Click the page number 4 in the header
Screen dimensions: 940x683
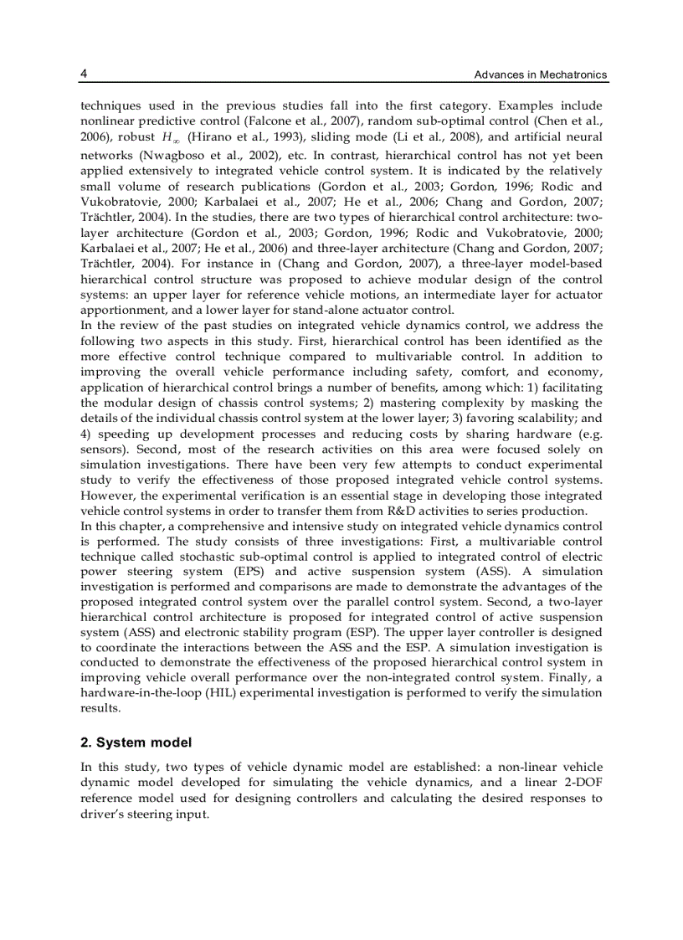(x=84, y=74)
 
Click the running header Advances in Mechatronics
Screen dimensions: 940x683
(x=540, y=75)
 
